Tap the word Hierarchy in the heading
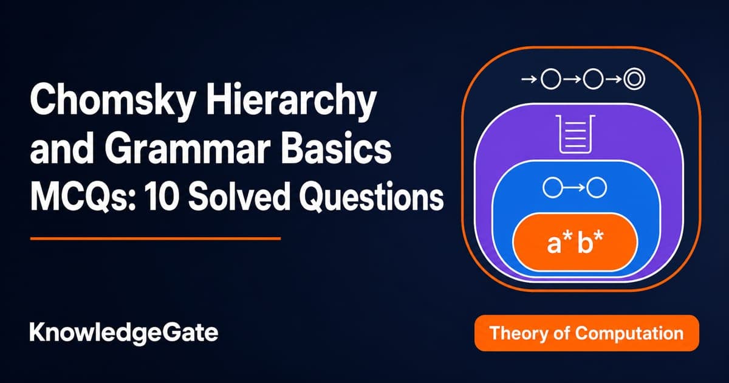pos(290,98)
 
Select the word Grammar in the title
pos(188,148)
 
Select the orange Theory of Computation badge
pos(586,333)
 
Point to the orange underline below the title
pos(156,239)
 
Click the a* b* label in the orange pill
pos(575,243)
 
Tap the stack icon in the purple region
pos(575,134)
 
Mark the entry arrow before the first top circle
pos(529,79)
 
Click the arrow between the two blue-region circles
pos(575,188)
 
